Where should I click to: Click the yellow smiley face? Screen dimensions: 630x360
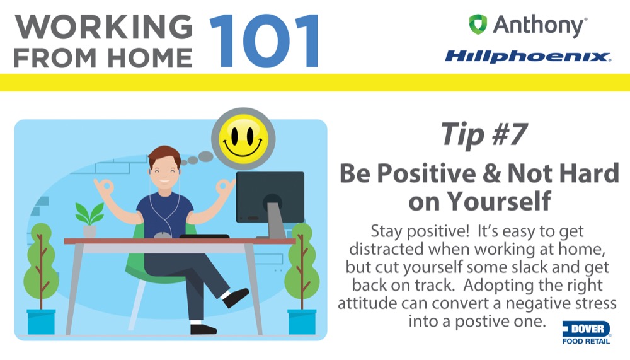pos(243,139)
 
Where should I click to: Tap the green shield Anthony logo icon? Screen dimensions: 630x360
pos(478,24)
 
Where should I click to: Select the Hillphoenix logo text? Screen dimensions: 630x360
pos(528,56)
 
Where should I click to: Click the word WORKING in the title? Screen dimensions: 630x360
pos(104,27)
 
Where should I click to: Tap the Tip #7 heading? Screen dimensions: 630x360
pos(484,134)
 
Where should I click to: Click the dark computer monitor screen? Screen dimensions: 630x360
pos(270,197)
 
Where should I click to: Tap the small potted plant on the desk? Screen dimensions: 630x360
pos(89,219)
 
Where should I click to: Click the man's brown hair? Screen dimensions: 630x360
pos(164,155)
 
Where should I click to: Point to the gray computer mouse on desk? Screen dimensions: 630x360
pos(162,235)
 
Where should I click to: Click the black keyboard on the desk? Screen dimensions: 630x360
pos(204,236)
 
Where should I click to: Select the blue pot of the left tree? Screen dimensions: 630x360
pos(41,322)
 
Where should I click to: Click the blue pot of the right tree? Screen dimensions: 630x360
pos(302,322)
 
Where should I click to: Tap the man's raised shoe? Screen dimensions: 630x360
pos(236,298)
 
